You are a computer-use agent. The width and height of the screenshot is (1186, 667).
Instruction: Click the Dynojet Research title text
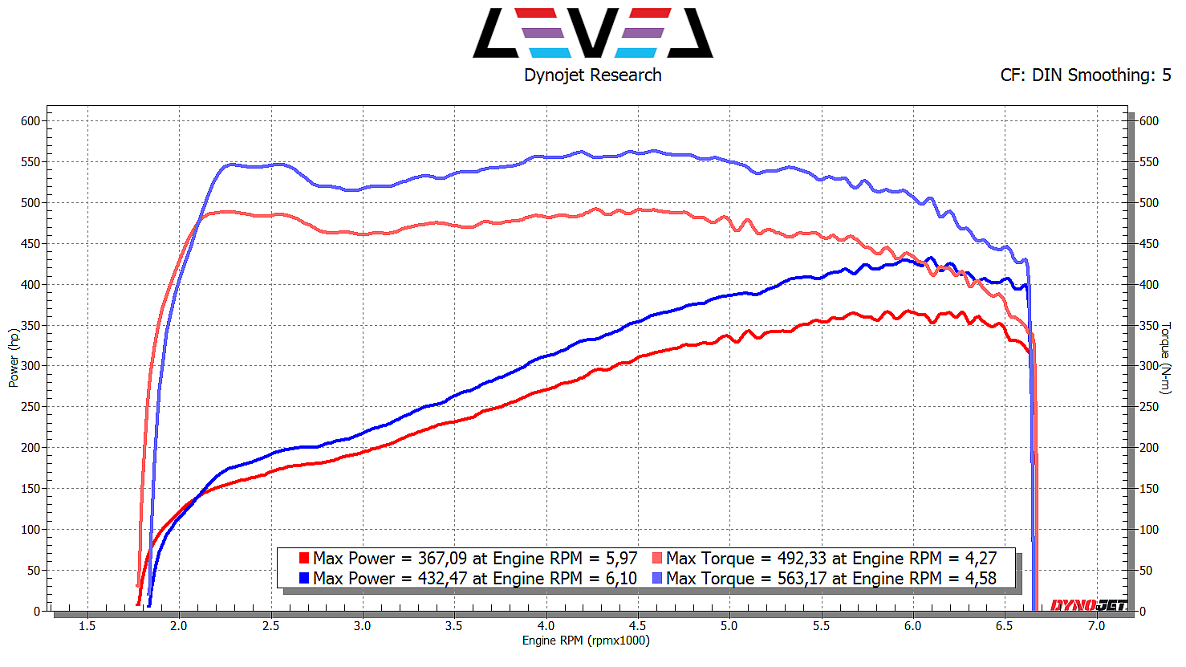click(592, 75)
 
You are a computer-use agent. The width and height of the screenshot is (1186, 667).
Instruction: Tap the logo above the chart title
click(592, 33)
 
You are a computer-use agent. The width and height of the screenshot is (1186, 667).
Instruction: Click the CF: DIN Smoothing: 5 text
click(1085, 75)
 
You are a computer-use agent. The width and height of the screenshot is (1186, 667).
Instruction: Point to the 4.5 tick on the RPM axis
click(637, 626)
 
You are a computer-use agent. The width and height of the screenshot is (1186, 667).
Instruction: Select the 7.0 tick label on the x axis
click(1095, 626)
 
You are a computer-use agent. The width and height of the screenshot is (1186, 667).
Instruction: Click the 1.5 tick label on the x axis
click(87, 626)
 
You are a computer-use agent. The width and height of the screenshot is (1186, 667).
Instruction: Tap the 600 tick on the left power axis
click(30, 121)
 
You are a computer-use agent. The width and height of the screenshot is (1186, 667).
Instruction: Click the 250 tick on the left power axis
click(30, 407)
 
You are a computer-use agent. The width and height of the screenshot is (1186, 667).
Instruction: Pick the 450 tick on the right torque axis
click(1149, 244)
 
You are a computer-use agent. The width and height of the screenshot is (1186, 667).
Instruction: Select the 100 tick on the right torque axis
click(1149, 530)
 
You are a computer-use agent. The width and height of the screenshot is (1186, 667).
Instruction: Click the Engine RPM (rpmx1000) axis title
click(586, 641)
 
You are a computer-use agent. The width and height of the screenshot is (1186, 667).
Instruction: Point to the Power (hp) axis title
click(14, 358)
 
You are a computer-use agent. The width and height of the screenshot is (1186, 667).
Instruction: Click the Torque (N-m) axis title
click(1166, 358)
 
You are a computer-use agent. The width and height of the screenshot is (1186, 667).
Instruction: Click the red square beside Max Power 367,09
click(304, 558)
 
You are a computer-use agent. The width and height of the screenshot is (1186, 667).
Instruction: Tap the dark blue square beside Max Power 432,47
click(304, 578)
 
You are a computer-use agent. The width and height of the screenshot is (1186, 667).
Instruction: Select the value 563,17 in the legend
click(802, 578)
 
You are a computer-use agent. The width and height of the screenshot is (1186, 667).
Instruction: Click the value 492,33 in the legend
click(802, 558)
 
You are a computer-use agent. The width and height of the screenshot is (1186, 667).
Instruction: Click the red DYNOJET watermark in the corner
click(1088, 605)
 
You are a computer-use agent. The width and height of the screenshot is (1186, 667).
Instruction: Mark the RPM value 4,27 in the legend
click(980, 558)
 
